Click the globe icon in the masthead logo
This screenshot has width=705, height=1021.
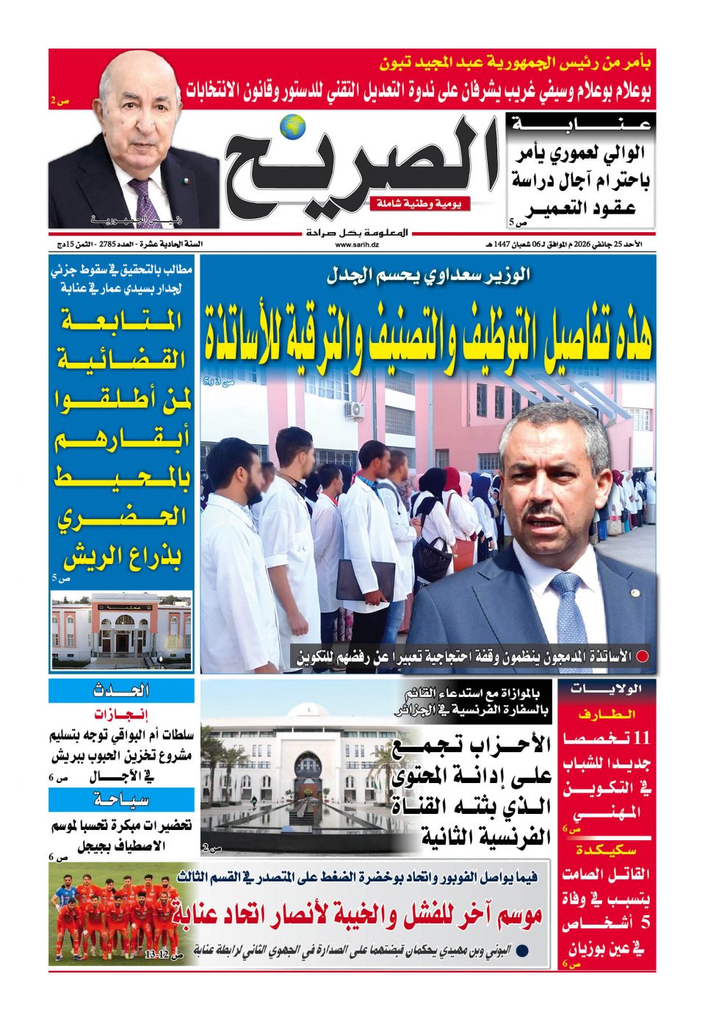coord(295,126)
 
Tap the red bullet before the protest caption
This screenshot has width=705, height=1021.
coord(643,657)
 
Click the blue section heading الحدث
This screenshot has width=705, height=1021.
coord(122,690)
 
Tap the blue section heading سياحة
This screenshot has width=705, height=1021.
coord(122,800)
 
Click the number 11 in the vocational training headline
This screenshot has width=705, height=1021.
coord(641,737)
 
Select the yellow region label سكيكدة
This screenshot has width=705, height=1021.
coord(606,850)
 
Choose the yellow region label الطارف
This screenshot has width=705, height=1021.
coord(606,714)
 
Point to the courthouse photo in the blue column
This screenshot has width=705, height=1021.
coord(122,630)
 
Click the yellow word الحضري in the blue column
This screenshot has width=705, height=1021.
coord(122,518)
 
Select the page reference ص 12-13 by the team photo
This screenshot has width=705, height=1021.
coord(162,955)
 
